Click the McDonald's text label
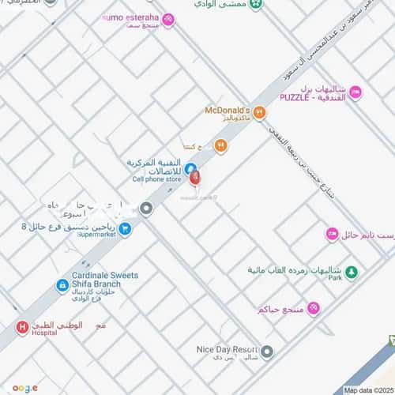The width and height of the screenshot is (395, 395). click(x=227, y=109)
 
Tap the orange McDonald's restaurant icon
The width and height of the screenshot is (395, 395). click(x=259, y=112)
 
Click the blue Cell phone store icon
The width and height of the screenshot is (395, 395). click(x=190, y=167)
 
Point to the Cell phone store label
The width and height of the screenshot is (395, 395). click(x=156, y=179)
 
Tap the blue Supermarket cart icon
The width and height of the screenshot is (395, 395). click(x=125, y=228)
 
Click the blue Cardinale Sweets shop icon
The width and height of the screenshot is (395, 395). click(x=62, y=286)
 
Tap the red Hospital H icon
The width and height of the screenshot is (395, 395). click(x=22, y=326)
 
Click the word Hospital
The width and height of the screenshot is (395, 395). click(x=43, y=333)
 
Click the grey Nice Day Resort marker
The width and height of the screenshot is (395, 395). click(x=267, y=352)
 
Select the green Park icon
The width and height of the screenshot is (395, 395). click(x=352, y=273)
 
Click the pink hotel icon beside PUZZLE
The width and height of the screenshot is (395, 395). click(x=355, y=93)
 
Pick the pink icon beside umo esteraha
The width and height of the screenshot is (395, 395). click(x=167, y=19)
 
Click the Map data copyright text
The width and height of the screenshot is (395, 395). click(x=368, y=389)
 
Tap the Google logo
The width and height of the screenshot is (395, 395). click(x=24, y=388)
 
